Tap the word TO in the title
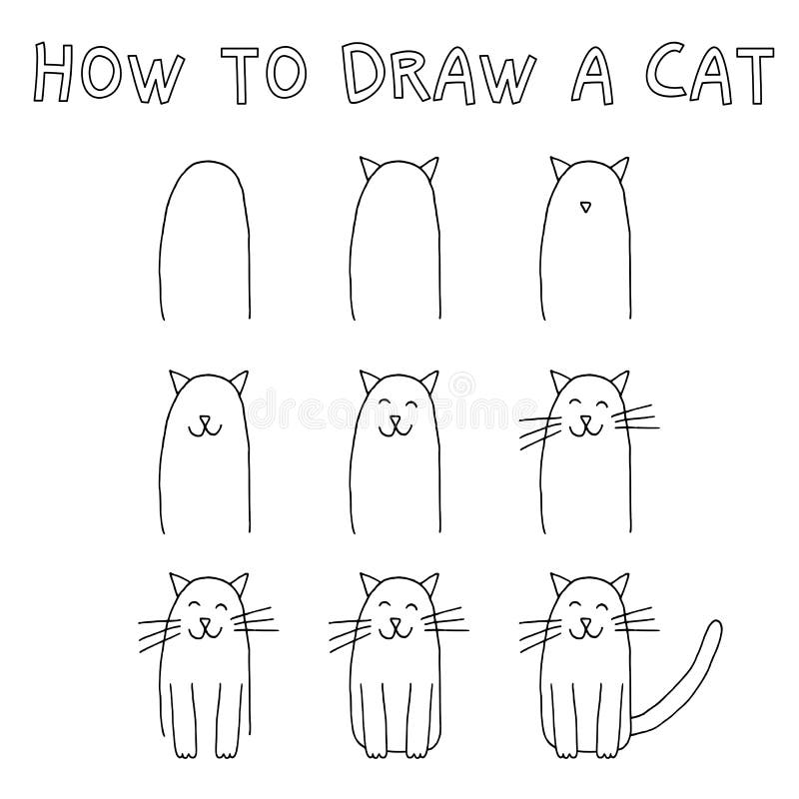point(263,74)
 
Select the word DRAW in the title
point(438,73)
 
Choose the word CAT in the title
point(711,74)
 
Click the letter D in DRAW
point(366,73)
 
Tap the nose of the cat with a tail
point(586,622)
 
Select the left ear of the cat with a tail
point(560,583)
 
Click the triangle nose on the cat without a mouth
point(586,207)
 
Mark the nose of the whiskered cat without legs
point(586,420)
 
